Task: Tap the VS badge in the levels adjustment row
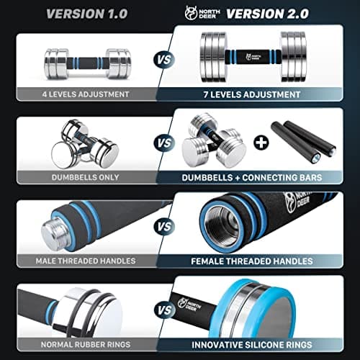click(x=165, y=60)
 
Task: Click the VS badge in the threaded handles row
click(x=165, y=227)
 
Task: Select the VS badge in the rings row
click(x=165, y=310)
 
